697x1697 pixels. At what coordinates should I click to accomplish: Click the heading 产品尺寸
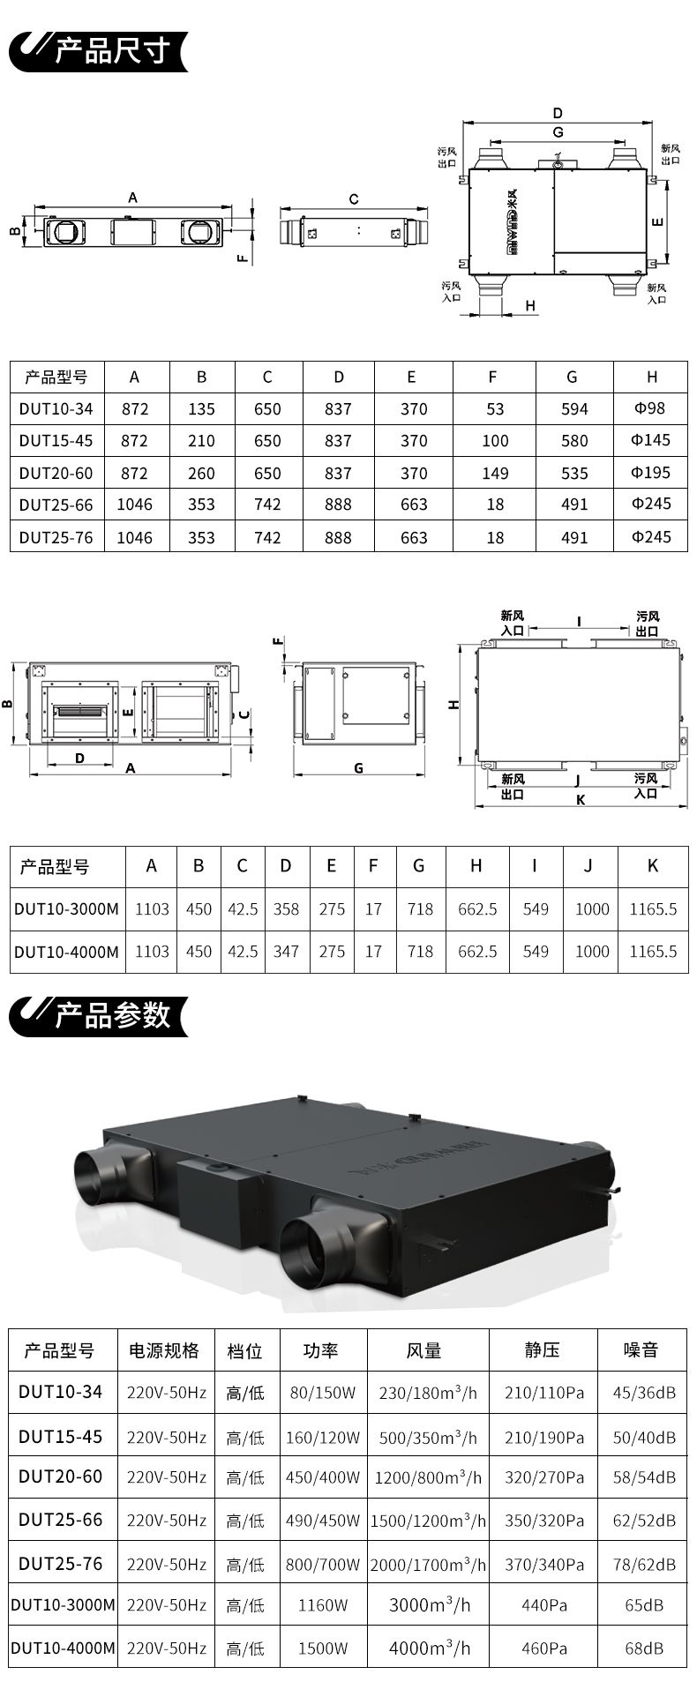[x=111, y=51]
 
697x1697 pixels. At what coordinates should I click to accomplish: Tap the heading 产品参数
[x=111, y=1015]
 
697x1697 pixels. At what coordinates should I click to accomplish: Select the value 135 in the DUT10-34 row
[x=201, y=409]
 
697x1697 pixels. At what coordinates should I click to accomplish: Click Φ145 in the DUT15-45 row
[x=651, y=440]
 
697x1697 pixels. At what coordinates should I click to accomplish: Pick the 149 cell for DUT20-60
[x=495, y=474]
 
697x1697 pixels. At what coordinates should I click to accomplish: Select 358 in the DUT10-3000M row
[x=286, y=908]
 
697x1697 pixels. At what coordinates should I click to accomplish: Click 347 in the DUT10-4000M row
[x=286, y=952]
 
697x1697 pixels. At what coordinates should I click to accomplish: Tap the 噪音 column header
[x=641, y=1350]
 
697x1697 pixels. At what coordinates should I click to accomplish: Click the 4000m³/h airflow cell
[x=430, y=1648]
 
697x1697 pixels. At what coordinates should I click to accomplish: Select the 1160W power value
[x=323, y=1605]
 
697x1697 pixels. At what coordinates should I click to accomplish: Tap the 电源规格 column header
[x=165, y=1350]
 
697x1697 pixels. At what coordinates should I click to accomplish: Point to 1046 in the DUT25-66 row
[x=134, y=505]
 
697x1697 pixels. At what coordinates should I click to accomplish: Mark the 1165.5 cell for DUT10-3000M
[x=653, y=908]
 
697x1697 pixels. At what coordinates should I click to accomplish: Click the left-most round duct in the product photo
[x=101, y=1176]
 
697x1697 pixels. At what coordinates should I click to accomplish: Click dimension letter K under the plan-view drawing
[x=580, y=800]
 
